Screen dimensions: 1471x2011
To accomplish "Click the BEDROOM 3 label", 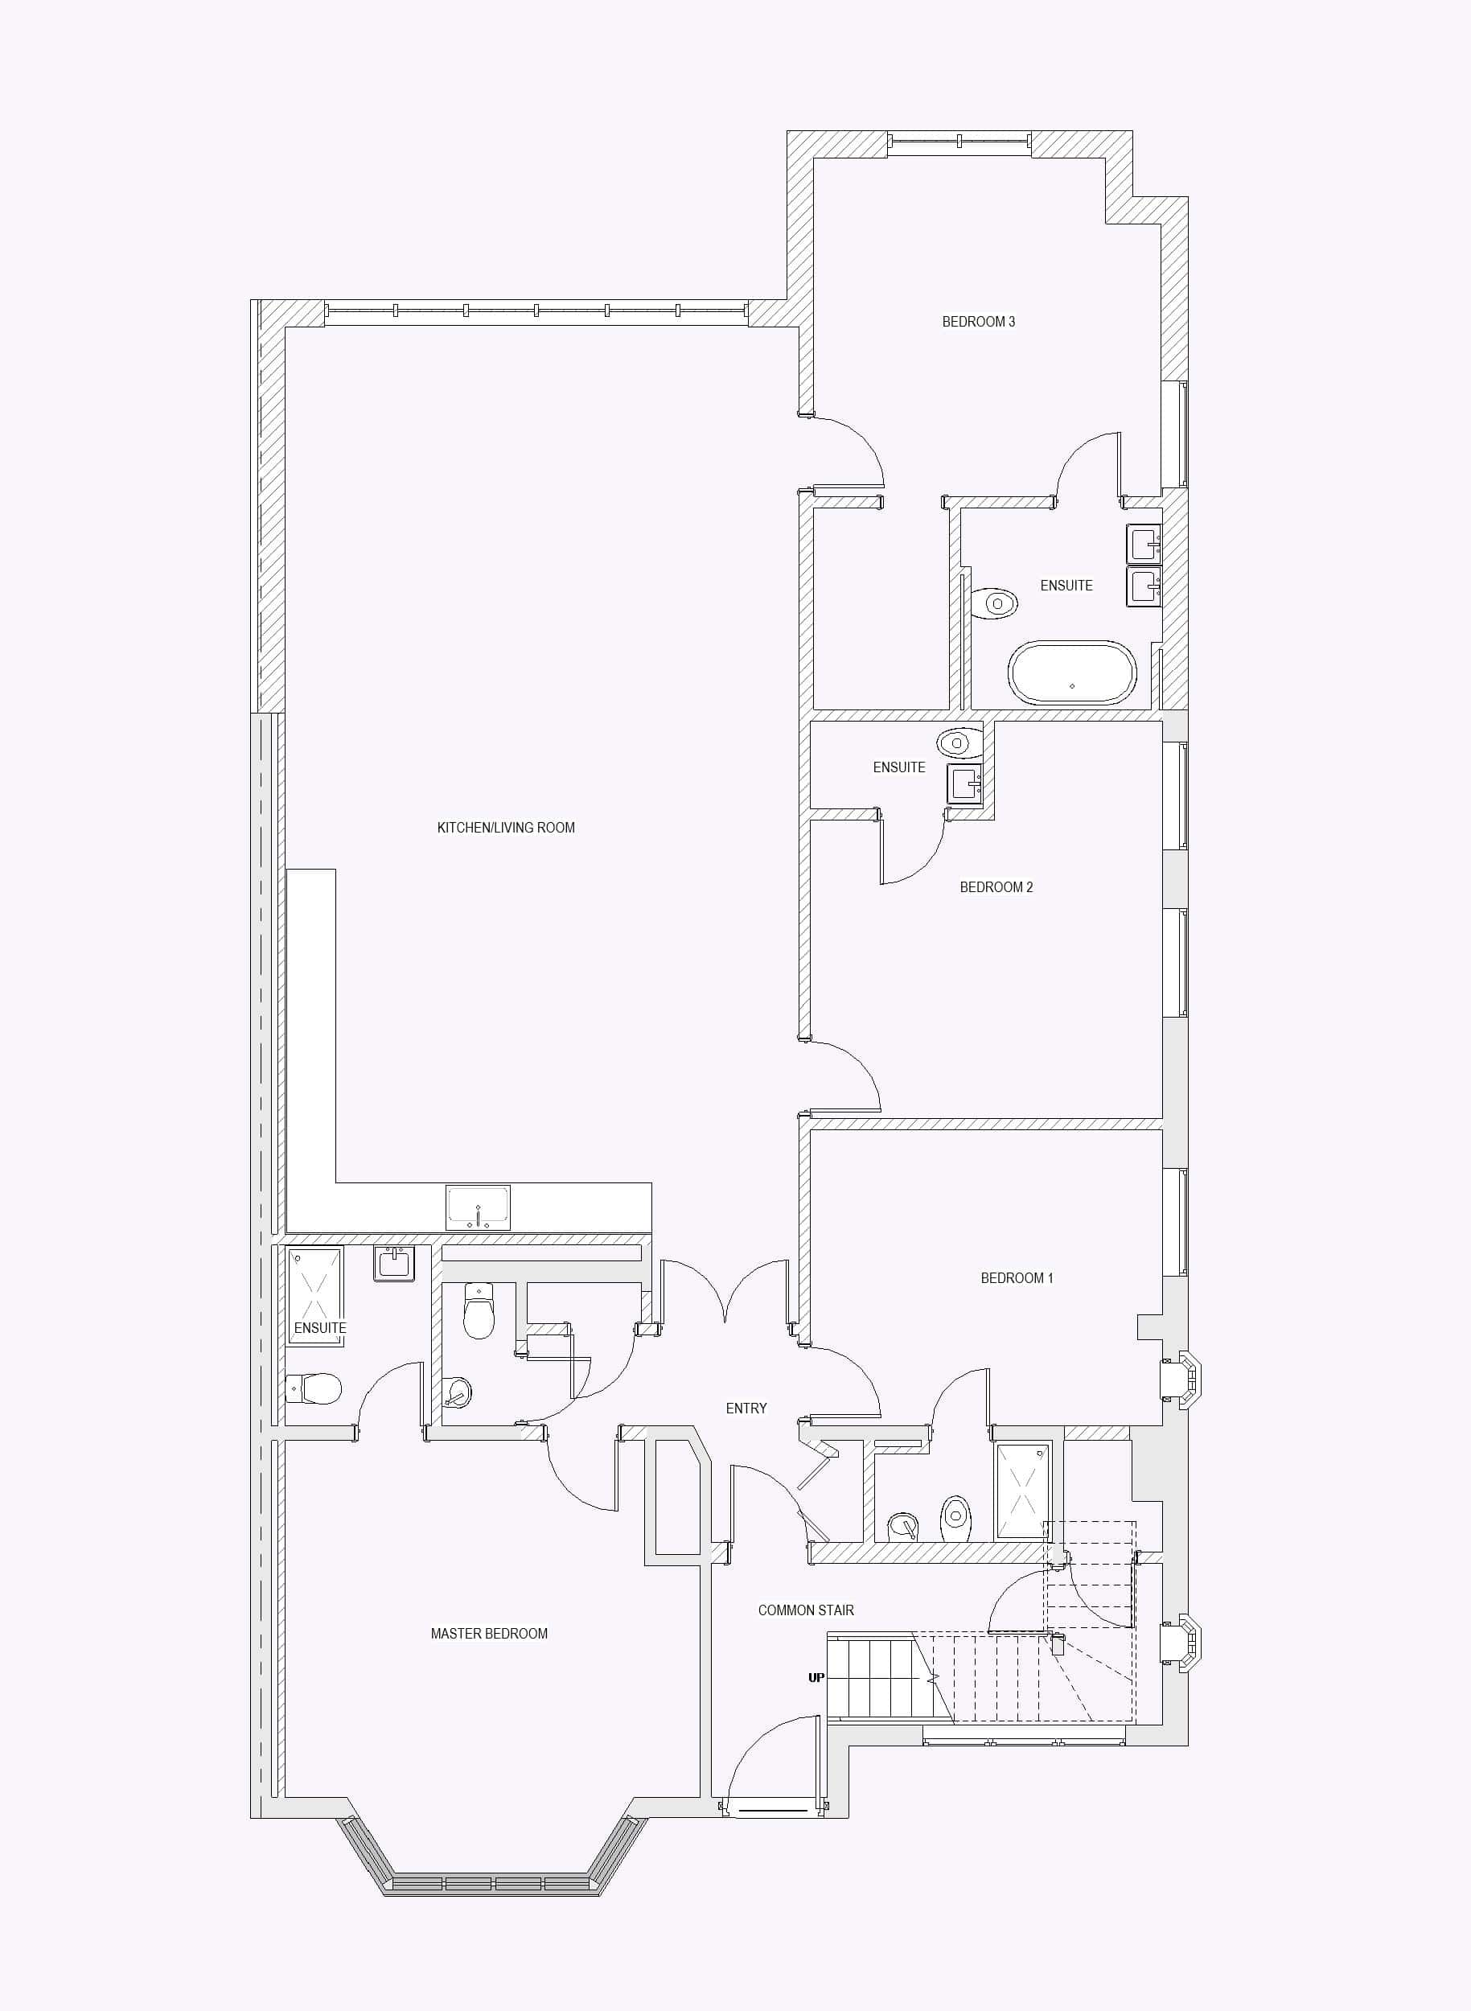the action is click(x=978, y=322).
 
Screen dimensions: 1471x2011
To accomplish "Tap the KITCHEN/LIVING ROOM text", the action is click(x=506, y=828).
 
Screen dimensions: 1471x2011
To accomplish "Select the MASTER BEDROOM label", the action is click(x=489, y=1634).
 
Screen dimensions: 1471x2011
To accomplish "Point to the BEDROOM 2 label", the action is click(x=996, y=887).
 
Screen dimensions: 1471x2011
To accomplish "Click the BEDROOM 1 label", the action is click(x=1016, y=1278).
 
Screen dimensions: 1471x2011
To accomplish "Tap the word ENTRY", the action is click(x=746, y=1408).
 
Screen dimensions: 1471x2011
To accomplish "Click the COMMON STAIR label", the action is click(x=806, y=1610).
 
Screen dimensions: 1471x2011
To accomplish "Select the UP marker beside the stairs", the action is click(x=816, y=1678).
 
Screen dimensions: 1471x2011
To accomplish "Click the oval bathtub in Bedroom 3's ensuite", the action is click(x=1072, y=672).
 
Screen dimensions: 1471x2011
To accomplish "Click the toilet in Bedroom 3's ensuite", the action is click(x=994, y=603).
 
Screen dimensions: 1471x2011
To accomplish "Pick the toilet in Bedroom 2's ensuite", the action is click(x=959, y=742).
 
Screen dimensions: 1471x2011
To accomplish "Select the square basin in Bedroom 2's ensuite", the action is click(x=964, y=783).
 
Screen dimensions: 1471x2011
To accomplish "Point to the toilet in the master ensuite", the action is click(x=314, y=1388).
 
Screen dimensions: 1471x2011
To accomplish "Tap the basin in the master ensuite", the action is click(x=393, y=1264).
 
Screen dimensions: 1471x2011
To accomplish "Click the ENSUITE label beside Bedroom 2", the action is click(x=898, y=767).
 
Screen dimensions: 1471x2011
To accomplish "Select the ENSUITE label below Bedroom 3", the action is click(x=1066, y=585).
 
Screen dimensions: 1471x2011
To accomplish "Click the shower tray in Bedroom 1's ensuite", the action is click(x=1022, y=1491).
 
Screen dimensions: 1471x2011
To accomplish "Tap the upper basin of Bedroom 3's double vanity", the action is click(x=1144, y=543).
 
